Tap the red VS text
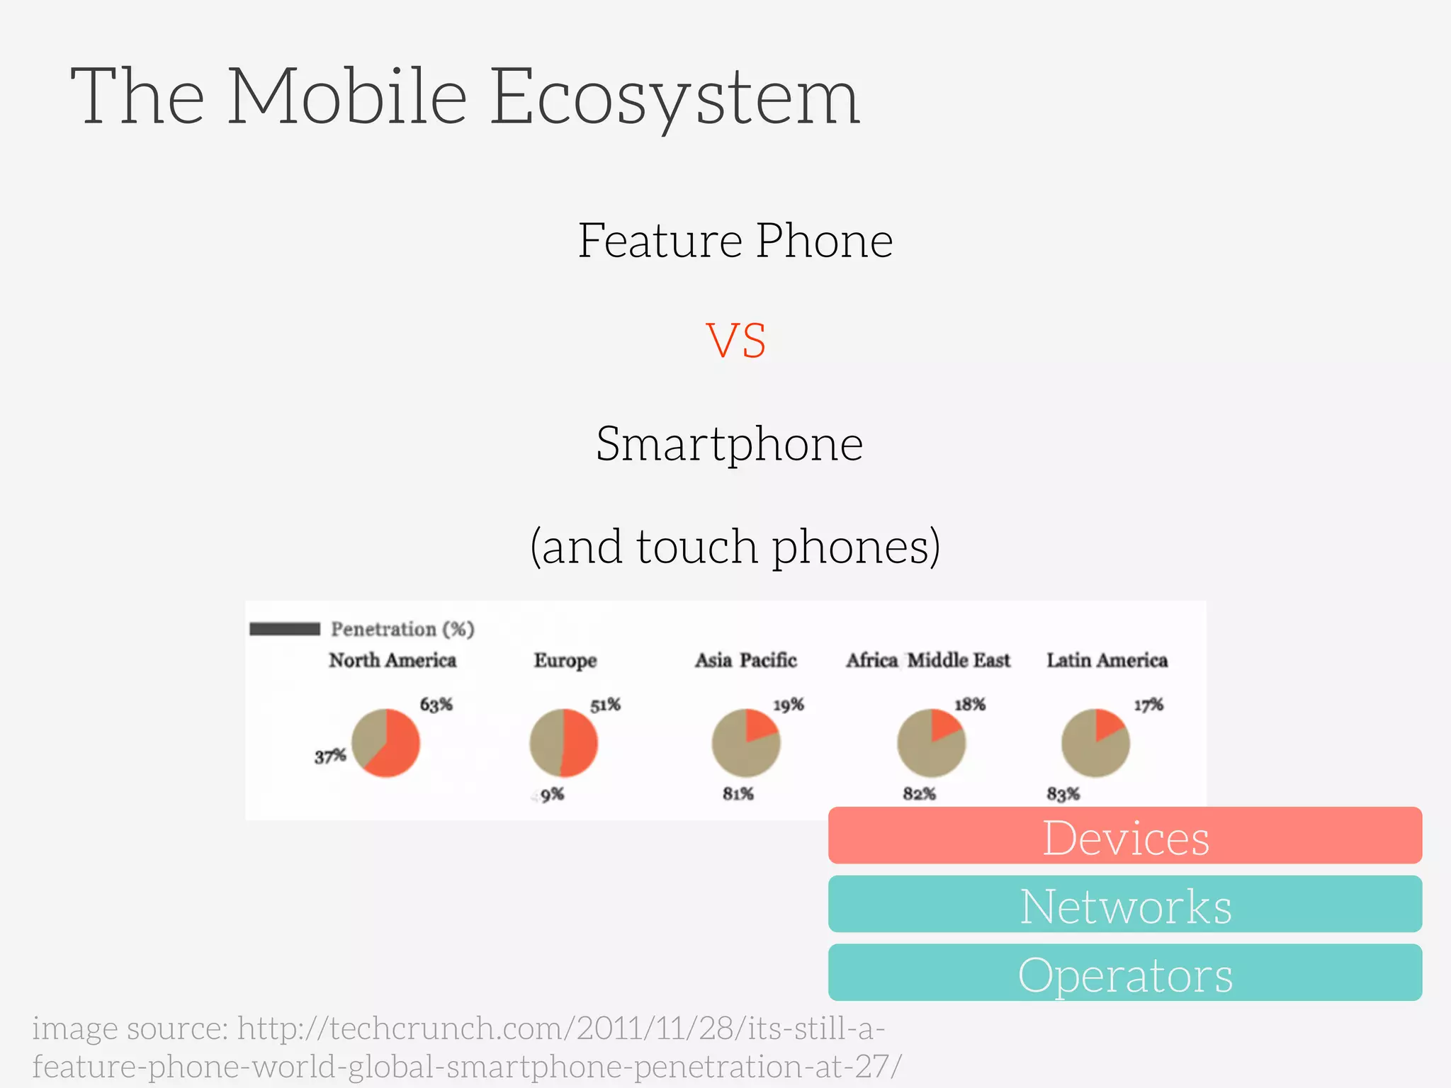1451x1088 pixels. [x=735, y=341]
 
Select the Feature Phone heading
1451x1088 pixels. [x=735, y=241]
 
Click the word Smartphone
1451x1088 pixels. [x=729, y=444]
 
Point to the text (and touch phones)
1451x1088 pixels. [x=735, y=547]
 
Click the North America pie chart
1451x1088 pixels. [x=386, y=743]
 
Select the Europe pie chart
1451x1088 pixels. [x=564, y=743]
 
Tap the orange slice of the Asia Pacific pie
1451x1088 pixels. [x=760, y=725]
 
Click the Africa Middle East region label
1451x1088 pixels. [x=927, y=660]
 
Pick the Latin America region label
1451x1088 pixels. [x=1107, y=660]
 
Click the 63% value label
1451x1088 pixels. [x=436, y=705]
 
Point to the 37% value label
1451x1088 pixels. [x=330, y=756]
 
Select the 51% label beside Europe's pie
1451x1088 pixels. [x=605, y=705]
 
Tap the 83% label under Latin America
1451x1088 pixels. [x=1063, y=794]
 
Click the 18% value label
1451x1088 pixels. [x=969, y=705]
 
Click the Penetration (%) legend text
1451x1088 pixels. [x=402, y=629]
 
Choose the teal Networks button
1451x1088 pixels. [x=1124, y=905]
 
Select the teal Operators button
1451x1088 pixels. [x=1124, y=973]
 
